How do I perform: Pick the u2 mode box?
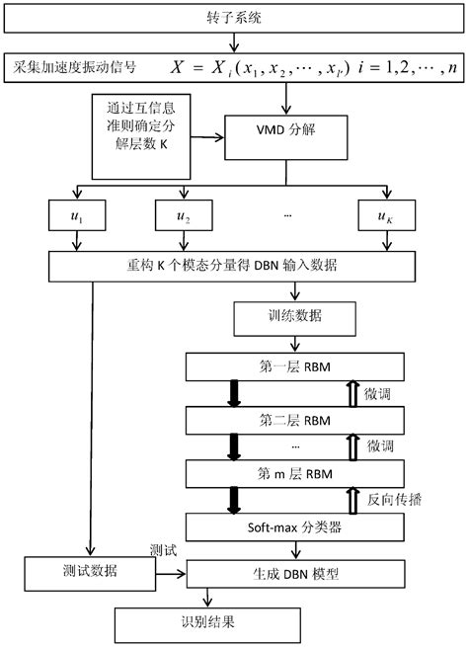tap(183, 213)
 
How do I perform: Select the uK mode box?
tap(380, 213)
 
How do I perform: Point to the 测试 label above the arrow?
tap(164, 549)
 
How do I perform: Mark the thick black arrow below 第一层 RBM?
tap(235, 394)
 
